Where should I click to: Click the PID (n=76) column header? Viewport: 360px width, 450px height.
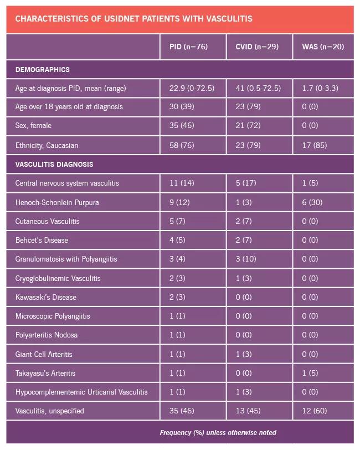[x=188, y=47]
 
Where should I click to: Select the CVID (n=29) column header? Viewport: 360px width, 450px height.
[x=257, y=47]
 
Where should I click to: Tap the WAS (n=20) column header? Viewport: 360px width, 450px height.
[x=323, y=47]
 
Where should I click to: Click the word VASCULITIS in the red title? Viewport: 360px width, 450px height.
[x=229, y=19]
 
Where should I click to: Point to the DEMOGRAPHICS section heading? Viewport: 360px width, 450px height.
[x=43, y=69]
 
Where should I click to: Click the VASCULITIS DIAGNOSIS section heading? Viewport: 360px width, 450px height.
[x=54, y=164]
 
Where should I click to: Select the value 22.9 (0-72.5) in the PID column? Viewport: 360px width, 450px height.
[x=192, y=88]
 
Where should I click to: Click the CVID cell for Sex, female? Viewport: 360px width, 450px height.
[x=248, y=125]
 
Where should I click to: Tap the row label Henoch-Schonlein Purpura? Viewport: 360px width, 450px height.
[x=57, y=202]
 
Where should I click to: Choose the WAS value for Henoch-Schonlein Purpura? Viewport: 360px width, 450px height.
[x=312, y=202]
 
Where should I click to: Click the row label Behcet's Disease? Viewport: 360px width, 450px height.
[x=42, y=240]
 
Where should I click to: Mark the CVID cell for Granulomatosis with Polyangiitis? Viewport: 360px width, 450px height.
[x=246, y=259]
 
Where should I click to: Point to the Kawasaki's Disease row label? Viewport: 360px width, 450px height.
[x=46, y=297]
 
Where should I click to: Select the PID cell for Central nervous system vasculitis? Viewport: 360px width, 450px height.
[x=182, y=183]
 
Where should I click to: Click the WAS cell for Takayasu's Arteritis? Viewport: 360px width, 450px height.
[x=310, y=373]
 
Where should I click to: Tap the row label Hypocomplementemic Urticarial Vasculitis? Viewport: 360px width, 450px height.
[x=81, y=392]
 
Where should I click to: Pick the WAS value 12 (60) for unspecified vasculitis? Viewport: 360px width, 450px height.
[x=315, y=411]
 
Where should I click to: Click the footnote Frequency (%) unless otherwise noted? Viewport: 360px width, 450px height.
[x=218, y=432]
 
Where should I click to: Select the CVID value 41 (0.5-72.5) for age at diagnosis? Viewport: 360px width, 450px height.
[x=258, y=88]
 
